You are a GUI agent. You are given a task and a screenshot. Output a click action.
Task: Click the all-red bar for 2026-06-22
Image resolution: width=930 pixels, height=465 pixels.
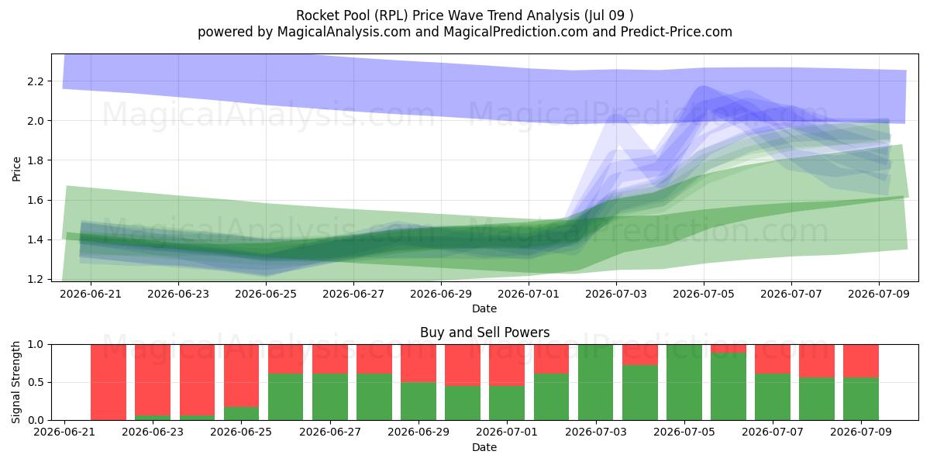click(108, 382)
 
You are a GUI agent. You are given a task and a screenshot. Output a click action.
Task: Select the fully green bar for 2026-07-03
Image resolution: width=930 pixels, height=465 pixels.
click(595, 382)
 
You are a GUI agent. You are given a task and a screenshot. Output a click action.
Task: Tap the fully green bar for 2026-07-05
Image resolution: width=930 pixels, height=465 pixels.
click(684, 382)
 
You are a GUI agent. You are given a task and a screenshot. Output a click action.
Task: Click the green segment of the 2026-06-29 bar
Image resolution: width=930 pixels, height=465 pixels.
click(418, 401)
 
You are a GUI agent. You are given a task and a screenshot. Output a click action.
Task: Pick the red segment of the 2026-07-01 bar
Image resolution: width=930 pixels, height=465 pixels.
click(507, 365)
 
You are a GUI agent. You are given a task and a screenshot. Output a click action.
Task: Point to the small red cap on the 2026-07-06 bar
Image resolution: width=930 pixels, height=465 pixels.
click(728, 349)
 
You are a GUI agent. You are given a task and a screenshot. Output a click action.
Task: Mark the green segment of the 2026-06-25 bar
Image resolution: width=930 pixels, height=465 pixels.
click(241, 413)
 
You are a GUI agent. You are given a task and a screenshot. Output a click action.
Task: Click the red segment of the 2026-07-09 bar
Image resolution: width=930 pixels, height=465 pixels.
click(861, 361)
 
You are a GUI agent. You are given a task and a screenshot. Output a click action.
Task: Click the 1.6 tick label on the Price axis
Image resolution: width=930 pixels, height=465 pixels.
click(36, 200)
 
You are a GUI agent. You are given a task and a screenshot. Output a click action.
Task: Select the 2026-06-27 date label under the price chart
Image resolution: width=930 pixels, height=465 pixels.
click(353, 294)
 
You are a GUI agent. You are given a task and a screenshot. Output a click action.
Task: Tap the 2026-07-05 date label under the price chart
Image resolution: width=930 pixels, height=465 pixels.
click(704, 294)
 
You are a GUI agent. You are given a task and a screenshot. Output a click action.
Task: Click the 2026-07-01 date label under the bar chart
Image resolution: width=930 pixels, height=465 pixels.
click(507, 432)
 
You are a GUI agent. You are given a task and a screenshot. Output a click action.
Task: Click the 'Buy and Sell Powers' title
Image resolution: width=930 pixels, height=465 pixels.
click(485, 332)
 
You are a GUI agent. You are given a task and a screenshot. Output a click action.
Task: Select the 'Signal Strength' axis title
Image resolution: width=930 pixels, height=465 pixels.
click(15, 382)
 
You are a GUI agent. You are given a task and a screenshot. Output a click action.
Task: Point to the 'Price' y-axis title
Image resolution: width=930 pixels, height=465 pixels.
click(16, 169)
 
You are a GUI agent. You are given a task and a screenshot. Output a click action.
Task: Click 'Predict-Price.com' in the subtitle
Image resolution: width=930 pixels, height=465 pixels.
click(677, 32)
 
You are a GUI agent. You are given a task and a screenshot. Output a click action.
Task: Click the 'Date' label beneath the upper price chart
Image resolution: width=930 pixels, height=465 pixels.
click(484, 308)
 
